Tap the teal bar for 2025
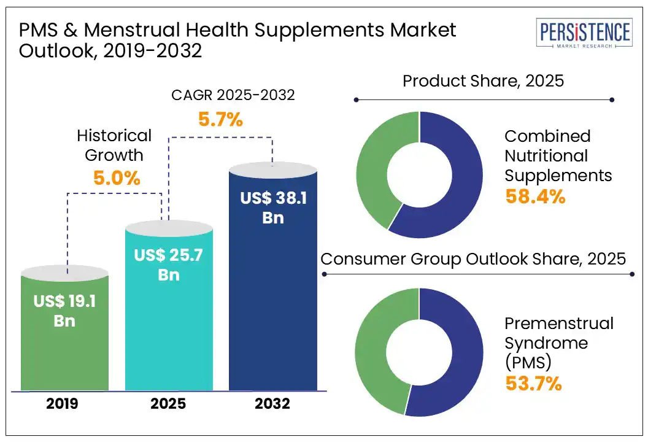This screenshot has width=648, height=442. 169,331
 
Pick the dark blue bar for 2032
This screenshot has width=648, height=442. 273,307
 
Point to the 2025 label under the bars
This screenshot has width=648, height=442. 169,403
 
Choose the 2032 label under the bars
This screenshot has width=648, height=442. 273,403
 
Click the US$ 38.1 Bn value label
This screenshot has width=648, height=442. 273,207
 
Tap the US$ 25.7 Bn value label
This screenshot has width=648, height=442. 169,264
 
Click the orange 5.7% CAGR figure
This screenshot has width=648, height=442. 220,119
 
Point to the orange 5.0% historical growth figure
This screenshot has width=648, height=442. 117,179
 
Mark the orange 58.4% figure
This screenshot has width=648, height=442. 534,196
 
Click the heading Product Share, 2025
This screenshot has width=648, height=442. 483,80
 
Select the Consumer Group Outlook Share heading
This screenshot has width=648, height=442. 473,258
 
